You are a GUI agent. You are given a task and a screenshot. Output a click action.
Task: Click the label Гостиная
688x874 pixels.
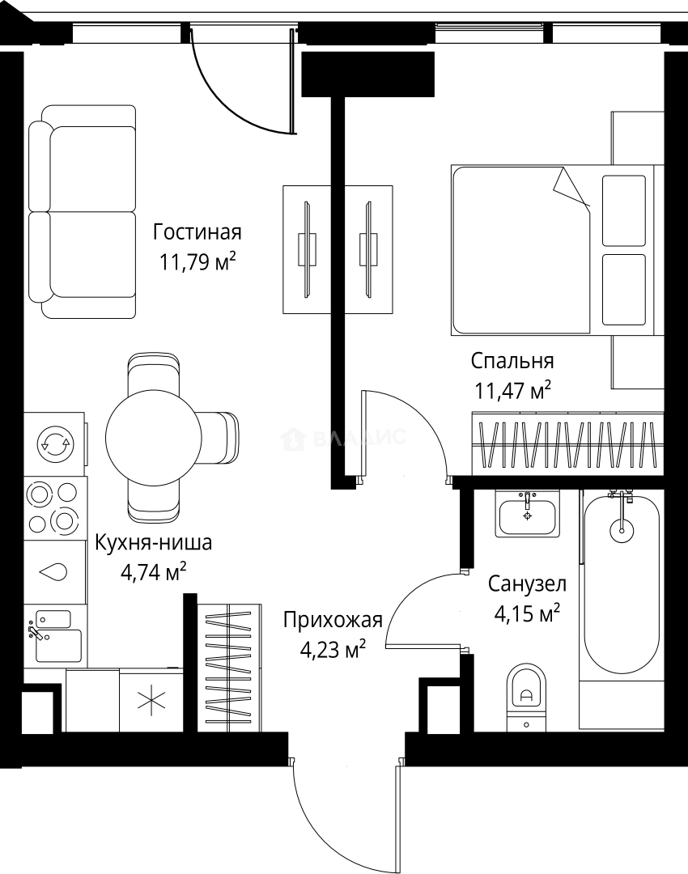(x=197, y=233)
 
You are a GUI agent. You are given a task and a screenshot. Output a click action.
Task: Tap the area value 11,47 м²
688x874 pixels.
(x=513, y=392)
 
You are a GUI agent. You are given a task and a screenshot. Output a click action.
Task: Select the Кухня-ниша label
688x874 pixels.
(x=154, y=542)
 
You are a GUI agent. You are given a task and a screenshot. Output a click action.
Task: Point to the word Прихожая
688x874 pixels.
(x=332, y=620)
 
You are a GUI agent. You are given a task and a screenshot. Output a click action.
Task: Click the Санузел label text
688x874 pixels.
(x=527, y=583)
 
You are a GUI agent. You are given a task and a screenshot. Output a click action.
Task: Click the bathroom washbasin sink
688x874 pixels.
(x=528, y=515)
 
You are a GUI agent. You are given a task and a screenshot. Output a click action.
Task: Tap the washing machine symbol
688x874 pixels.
(x=55, y=442)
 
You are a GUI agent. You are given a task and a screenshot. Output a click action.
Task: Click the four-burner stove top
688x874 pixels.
(x=55, y=507)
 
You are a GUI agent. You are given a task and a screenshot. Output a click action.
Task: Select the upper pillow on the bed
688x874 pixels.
(x=623, y=210)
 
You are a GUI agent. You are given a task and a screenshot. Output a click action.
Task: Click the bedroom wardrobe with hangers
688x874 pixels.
(x=567, y=443)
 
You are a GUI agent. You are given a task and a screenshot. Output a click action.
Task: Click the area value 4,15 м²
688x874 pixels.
(x=527, y=615)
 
